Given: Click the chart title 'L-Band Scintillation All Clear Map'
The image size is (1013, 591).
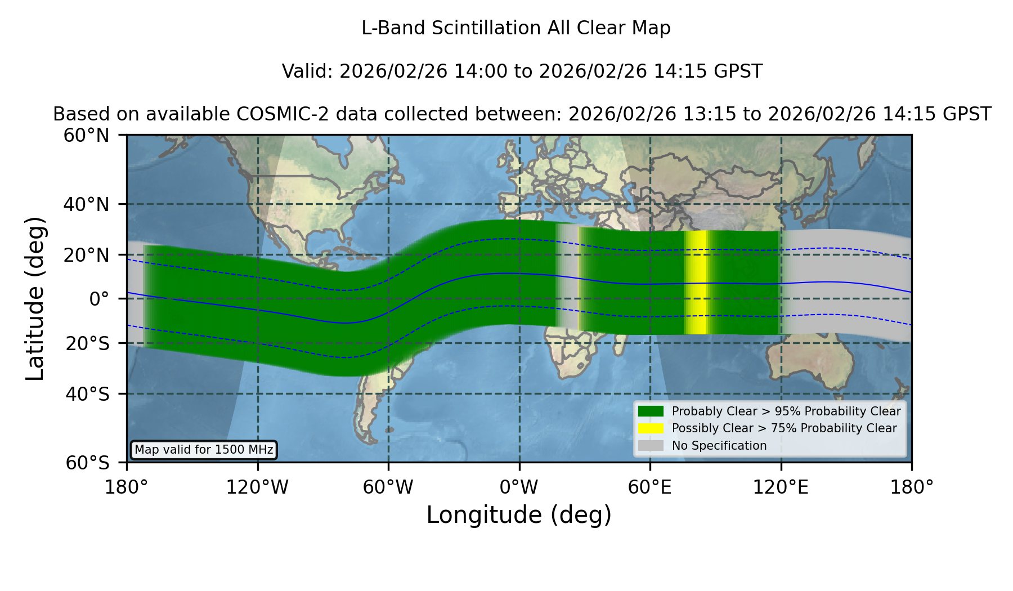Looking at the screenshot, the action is [516, 28].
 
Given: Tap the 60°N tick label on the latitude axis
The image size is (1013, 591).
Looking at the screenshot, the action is [87, 136].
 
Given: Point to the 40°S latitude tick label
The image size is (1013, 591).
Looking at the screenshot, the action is [87, 394].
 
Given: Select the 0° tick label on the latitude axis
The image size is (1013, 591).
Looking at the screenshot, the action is [99, 299].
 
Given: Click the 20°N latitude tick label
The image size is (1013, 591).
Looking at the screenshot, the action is [87, 255].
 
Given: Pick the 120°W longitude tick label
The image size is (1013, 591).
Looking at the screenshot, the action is [257, 487].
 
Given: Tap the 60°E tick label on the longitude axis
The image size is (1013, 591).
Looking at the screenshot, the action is [650, 487].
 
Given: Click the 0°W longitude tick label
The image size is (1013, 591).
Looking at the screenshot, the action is [519, 487].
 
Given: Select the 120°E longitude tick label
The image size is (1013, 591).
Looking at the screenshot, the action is [781, 487].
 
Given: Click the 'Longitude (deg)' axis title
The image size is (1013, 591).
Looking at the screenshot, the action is [519, 515].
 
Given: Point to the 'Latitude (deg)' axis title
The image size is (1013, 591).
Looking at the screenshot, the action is [35, 298].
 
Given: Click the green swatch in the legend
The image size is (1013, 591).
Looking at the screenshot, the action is [651, 411].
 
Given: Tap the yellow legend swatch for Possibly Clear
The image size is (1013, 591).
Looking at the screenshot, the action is [651, 428].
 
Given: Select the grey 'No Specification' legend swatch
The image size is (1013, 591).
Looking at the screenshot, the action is [651, 446].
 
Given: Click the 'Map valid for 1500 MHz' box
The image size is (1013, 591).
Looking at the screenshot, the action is [204, 450].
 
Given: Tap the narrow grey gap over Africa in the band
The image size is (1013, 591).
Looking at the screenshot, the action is [567, 276].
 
